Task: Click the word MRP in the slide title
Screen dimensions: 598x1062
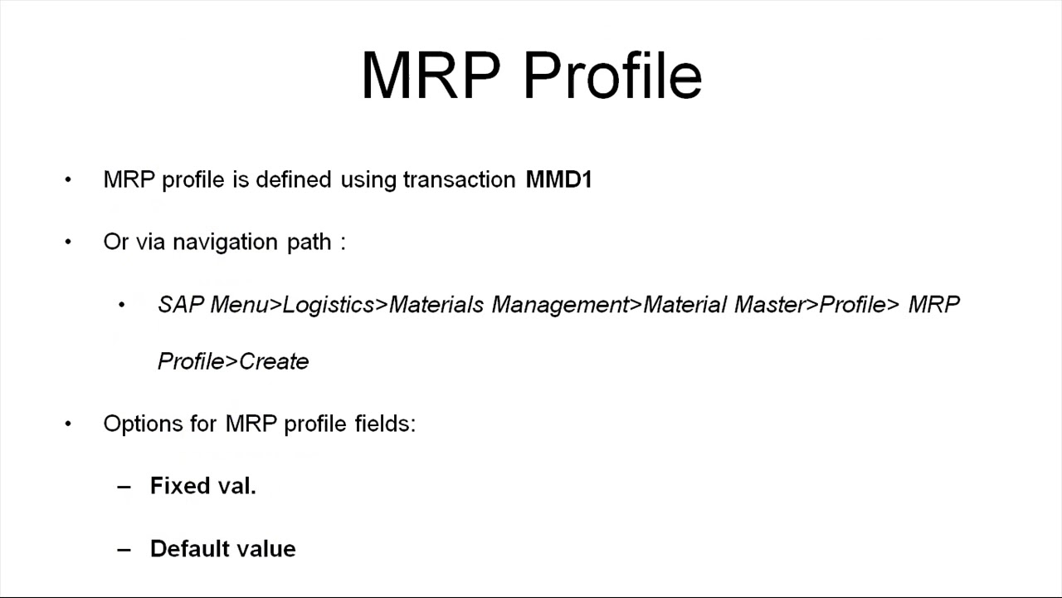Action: (x=430, y=75)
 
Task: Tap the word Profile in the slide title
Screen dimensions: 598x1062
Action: (x=613, y=75)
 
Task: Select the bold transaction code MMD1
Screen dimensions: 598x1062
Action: (x=558, y=179)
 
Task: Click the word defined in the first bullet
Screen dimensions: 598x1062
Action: (x=293, y=179)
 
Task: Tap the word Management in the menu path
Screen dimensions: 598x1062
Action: (x=561, y=305)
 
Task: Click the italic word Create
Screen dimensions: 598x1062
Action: (x=274, y=361)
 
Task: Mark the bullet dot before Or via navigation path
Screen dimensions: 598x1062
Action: (x=68, y=243)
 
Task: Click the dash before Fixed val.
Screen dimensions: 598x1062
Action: (x=124, y=487)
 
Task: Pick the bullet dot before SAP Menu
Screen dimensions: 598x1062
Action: (x=122, y=306)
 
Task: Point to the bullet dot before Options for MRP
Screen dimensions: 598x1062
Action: (x=68, y=424)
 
